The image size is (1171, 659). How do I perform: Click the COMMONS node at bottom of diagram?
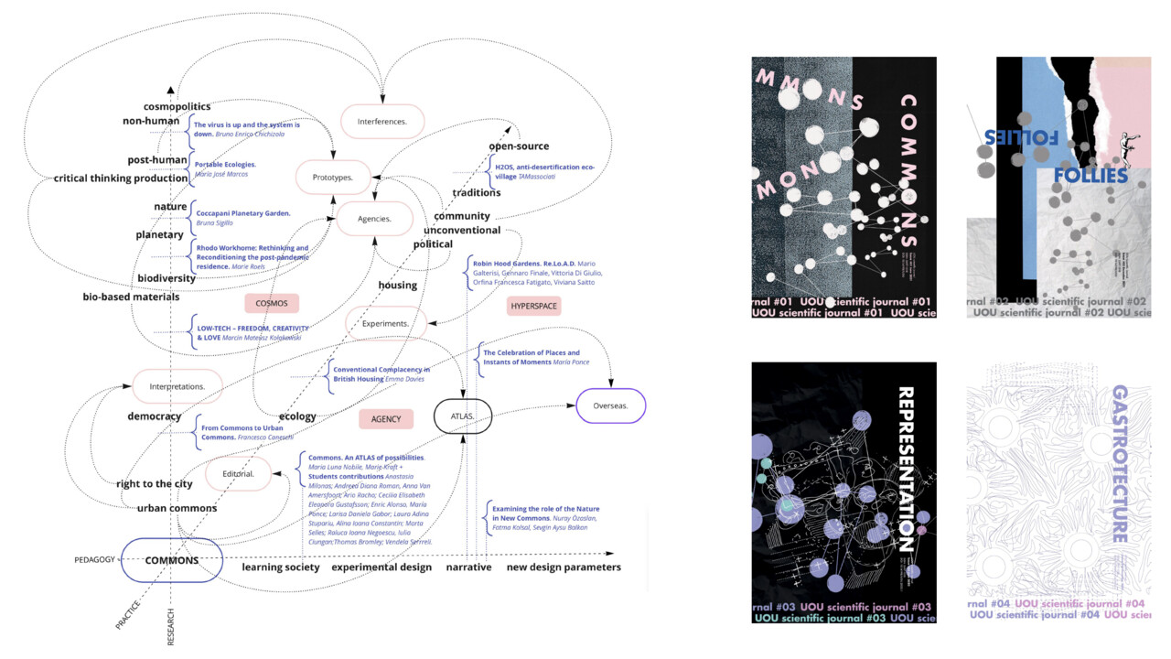(x=172, y=560)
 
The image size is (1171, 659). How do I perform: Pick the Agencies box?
(x=375, y=220)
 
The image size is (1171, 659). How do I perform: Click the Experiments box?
(x=386, y=324)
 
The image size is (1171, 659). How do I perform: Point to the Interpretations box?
(x=177, y=386)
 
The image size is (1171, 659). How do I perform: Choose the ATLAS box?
(x=463, y=416)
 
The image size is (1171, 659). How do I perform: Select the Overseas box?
(x=610, y=406)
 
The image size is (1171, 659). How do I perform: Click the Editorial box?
(x=238, y=473)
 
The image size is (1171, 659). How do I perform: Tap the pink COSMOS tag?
(x=273, y=304)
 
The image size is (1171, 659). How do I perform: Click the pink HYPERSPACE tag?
(x=533, y=307)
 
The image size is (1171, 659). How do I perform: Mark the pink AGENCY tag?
(x=386, y=418)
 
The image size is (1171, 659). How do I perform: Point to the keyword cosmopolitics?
(x=177, y=106)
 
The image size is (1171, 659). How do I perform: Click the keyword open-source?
(x=519, y=146)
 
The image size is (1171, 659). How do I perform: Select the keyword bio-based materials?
(x=131, y=297)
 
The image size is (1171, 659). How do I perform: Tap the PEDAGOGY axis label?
(x=95, y=559)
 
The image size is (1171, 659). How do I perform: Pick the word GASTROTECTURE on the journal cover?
(x=1119, y=464)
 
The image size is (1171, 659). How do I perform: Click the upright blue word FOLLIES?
(x=1090, y=176)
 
